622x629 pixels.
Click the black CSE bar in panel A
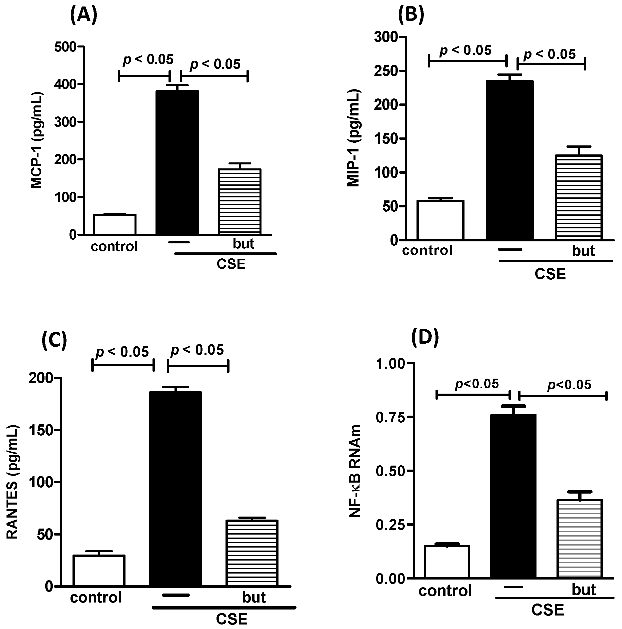(177, 163)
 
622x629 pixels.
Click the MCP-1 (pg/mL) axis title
(37, 141)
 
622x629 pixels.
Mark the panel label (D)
(425, 338)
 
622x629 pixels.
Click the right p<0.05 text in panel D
(569, 385)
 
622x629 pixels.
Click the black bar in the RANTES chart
(175, 488)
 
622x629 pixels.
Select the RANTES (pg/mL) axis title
(12, 482)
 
